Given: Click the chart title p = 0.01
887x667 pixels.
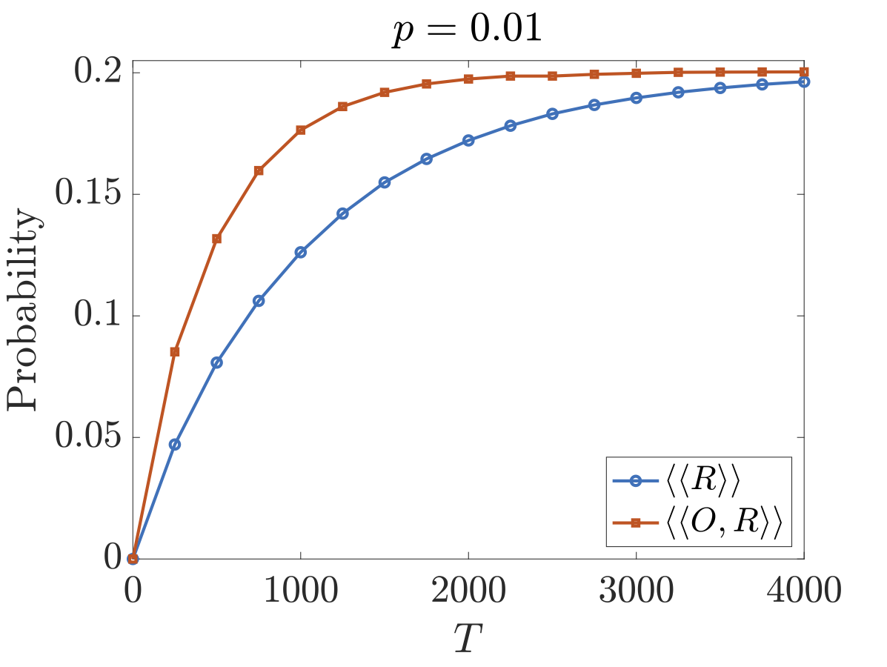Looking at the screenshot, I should point(468,33).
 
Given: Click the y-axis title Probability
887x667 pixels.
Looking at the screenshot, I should point(24,310).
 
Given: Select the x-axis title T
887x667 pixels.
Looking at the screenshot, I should point(468,635).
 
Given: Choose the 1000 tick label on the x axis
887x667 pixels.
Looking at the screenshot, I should point(300,593).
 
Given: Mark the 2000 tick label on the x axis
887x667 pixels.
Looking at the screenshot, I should point(468,593).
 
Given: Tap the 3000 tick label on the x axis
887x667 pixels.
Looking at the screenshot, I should point(636,593).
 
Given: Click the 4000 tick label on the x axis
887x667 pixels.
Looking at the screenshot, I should point(802,593).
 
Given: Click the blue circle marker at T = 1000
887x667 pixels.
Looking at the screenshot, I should point(300,252).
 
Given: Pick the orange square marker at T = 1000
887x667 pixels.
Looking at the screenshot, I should point(300,130).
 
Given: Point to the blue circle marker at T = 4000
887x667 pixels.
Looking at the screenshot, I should point(804,82).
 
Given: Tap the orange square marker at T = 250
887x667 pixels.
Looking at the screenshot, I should point(175,351).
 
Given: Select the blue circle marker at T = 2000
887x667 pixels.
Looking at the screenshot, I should point(468,140).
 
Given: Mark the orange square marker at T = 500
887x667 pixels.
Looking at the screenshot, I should point(216,239).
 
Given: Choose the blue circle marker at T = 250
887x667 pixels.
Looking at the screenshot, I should point(175,444).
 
